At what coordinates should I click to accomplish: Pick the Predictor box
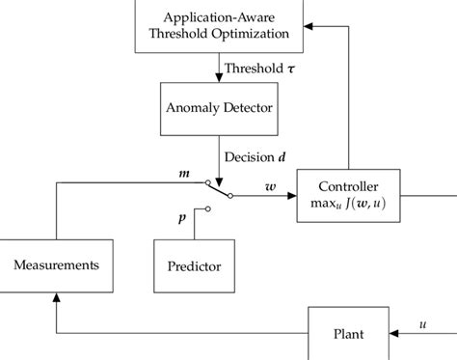pos(194,265)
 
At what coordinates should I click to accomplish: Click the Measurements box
pos(56,263)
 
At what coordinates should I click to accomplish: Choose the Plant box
pos(349,333)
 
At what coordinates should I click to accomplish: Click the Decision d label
pos(256,154)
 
